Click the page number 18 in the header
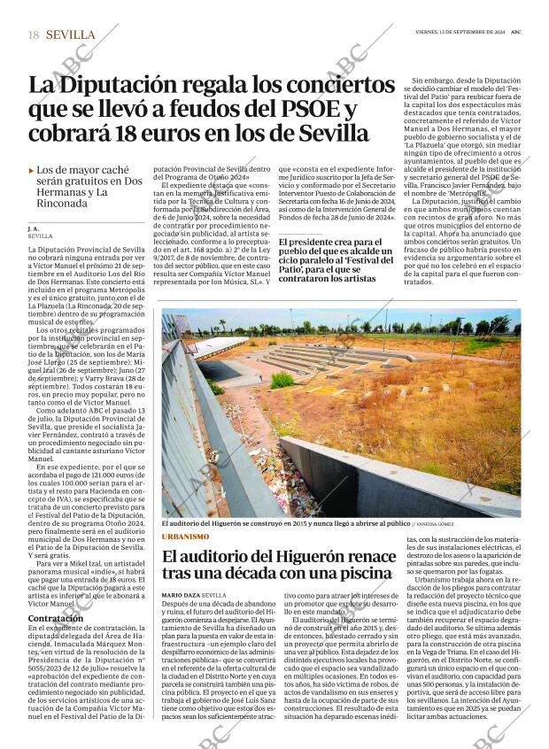pyautogui.click(x=33, y=35)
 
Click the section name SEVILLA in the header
pyautogui.click(x=70, y=35)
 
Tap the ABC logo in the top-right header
pyautogui.click(x=514, y=31)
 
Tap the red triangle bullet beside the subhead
pyautogui.click(x=32, y=170)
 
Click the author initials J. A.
pyautogui.click(x=34, y=229)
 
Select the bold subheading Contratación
pyautogui.click(x=56, y=618)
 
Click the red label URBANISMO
pyautogui.click(x=186, y=537)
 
